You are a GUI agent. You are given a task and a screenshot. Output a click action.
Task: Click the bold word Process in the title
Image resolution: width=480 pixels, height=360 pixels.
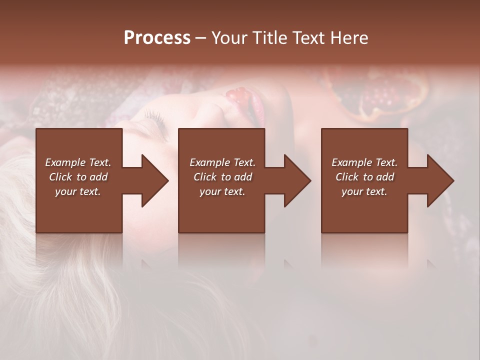pyautogui.click(x=157, y=38)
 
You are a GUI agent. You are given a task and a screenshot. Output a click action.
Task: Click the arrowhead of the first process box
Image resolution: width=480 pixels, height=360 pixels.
pyautogui.click(x=155, y=180)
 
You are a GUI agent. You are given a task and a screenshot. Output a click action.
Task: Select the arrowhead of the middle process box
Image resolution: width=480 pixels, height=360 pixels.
pyautogui.click(x=297, y=180)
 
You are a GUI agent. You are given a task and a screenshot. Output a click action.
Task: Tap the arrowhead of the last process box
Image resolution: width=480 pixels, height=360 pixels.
pyautogui.click(x=440, y=180)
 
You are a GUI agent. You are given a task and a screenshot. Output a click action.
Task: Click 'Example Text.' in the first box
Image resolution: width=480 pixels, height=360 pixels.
pyautogui.click(x=78, y=162)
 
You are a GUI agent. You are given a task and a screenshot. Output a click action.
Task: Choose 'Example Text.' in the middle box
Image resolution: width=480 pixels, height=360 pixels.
pyautogui.click(x=222, y=162)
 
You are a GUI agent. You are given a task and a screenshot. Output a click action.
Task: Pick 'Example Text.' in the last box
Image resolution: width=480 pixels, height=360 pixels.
pyautogui.click(x=364, y=162)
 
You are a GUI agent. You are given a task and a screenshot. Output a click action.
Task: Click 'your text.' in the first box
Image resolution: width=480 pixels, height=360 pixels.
pyautogui.click(x=78, y=191)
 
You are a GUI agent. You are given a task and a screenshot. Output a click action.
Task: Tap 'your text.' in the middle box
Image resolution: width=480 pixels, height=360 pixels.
pyautogui.click(x=222, y=191)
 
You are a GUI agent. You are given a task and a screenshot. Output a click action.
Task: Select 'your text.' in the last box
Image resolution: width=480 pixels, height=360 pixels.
pyautogui.click(x=364, y=191)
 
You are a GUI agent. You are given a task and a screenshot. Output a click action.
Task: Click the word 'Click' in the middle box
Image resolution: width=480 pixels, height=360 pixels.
pyautogui.click(x=205, y=177)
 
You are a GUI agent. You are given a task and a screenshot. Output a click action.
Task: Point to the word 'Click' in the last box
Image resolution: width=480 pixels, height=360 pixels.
pyautogui.click(x=347, y=177)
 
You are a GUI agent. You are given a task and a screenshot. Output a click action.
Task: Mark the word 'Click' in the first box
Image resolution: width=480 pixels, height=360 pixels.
pyautogui.click(x=60, y=177)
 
